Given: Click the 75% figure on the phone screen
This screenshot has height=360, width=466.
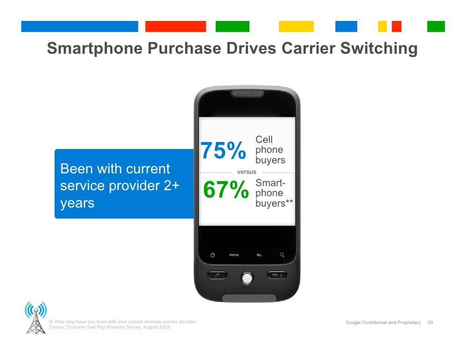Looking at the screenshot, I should point(223,152).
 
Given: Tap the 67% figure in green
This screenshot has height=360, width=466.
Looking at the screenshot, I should point(226,190).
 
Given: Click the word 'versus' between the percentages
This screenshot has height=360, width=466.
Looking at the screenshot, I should point(247,172).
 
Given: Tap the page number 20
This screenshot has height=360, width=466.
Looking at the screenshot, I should point(430,323).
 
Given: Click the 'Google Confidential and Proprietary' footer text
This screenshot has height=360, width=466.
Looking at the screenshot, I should point(383,323).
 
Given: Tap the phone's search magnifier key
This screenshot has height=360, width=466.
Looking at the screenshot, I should point(282,255).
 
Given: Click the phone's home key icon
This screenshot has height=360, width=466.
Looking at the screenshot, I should point(212,255).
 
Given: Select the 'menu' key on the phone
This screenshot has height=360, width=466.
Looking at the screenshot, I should point(234,255).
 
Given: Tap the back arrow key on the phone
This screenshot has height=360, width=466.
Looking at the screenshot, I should point(259,255).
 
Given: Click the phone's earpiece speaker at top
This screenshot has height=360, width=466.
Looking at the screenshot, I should point(247,94).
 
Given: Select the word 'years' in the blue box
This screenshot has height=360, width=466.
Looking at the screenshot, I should point(77,203).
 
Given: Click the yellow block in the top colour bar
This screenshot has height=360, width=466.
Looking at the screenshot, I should point(296,26).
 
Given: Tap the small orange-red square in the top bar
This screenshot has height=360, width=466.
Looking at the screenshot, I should point(396,26).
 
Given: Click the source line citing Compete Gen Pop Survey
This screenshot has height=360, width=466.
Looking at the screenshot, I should point(110,327).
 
